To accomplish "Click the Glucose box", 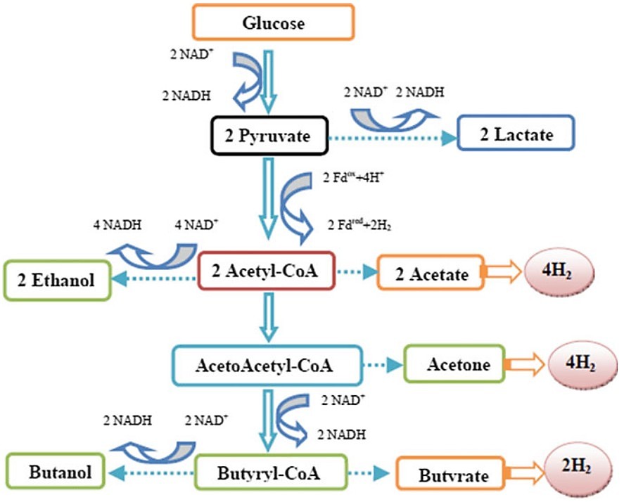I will [274, 22].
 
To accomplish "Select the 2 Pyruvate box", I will [267, 136].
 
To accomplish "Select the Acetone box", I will [454, 364].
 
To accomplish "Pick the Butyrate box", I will [453, 475].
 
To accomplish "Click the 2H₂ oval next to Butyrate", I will [575, 468].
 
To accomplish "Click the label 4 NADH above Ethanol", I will [115, 226].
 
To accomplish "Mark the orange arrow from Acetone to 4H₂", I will [526, 364].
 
